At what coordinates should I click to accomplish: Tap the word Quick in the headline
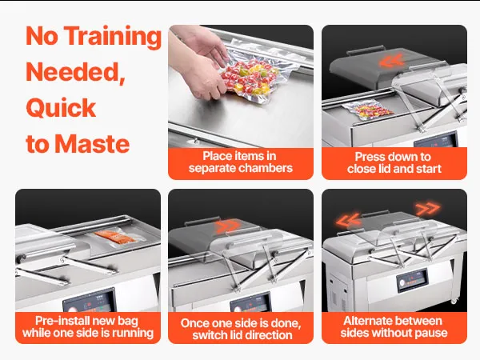pyautogui.click(x=61, y=107)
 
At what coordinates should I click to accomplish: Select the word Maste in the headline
pyautogui.click(x=92, y=144)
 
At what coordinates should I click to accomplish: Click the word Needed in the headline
pyautogui.click(x=75, y=72)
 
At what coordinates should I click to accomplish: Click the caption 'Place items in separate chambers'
pyautogui.click(x=241, y=162)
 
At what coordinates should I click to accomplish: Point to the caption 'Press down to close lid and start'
pyautogui.click(x=394, y=162)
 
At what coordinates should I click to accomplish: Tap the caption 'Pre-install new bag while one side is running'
pyautogui.click(x=88, y=326)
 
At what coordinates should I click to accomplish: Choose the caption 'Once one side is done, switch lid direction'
pyautogui.click(x=241, y=329)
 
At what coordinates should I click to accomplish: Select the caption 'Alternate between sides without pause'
pyautogui.click(x=394, y=326)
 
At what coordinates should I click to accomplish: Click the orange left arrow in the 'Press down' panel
pyautogui.click(x=391, y=60)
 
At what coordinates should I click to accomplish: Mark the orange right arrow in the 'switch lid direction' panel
pyautogui.click(x=227, y=226)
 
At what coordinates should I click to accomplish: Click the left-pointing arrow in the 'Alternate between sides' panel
pyautogui.click(x=348, y=220)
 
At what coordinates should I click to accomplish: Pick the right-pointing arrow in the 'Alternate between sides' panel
pyautogui.click(x=428, y=209)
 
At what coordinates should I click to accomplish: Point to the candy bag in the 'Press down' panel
pyautogui.click(x=367, y=110)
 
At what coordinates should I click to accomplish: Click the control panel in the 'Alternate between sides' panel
pyautogui.click(x=412, y=279)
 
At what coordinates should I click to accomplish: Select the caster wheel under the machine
pyautogui.click(x=454, y=301)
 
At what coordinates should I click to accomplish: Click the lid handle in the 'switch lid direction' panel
pyautogui.click(x=198, y=221)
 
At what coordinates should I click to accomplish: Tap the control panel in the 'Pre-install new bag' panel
pyautogui.click(x=90, y=301)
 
